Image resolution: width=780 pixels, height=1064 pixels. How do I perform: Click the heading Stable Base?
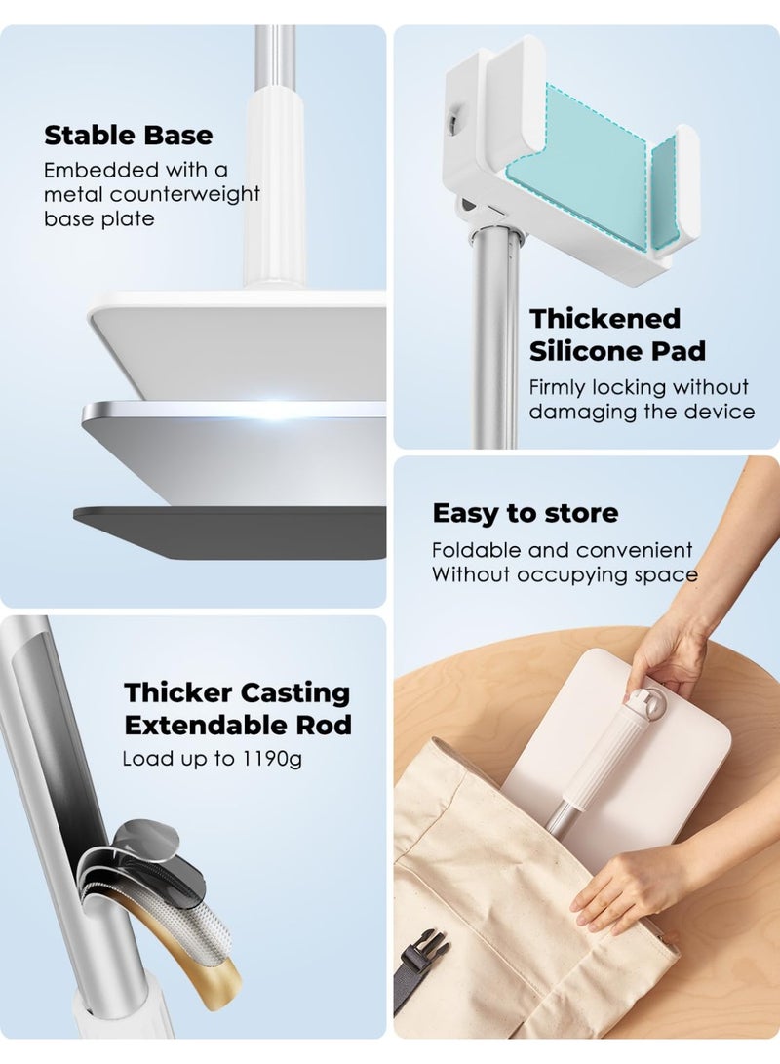click(x=128, y=135)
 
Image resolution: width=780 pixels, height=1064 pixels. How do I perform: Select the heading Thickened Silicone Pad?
click(x=616, y=334)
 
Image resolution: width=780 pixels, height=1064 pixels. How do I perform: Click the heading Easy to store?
click(x=525, y=513)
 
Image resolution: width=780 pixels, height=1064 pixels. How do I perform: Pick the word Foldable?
click(x=479, y=550)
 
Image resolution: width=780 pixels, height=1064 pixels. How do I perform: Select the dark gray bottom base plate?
click(x=234, y=531)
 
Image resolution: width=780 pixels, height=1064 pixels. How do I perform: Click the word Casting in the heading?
click(x=294, y=692)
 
